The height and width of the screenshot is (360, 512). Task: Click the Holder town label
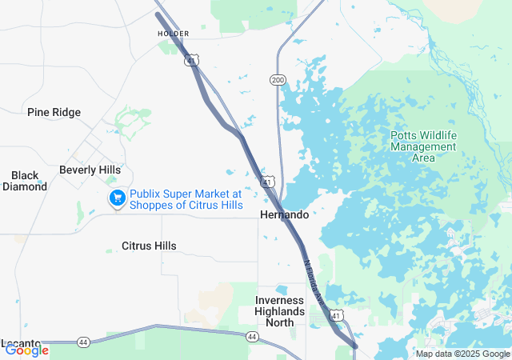173,34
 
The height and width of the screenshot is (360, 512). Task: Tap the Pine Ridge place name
54,113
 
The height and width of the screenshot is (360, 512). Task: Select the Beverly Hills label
90,170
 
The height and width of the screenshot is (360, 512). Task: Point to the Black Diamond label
25,181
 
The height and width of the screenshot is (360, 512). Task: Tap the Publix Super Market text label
186,199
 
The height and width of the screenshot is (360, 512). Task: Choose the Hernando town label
284,215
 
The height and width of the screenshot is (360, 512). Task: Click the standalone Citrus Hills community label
149,246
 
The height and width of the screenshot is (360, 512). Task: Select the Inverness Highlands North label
280,311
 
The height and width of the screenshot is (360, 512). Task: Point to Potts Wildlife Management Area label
423,146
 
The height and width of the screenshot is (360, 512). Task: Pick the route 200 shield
278,80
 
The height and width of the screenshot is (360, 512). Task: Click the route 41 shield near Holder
193,60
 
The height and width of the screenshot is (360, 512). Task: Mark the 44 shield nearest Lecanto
83,342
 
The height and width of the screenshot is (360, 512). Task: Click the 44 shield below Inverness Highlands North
253,338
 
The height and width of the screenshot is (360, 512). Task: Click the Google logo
26,350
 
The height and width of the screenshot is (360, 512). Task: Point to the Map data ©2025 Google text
462,354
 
